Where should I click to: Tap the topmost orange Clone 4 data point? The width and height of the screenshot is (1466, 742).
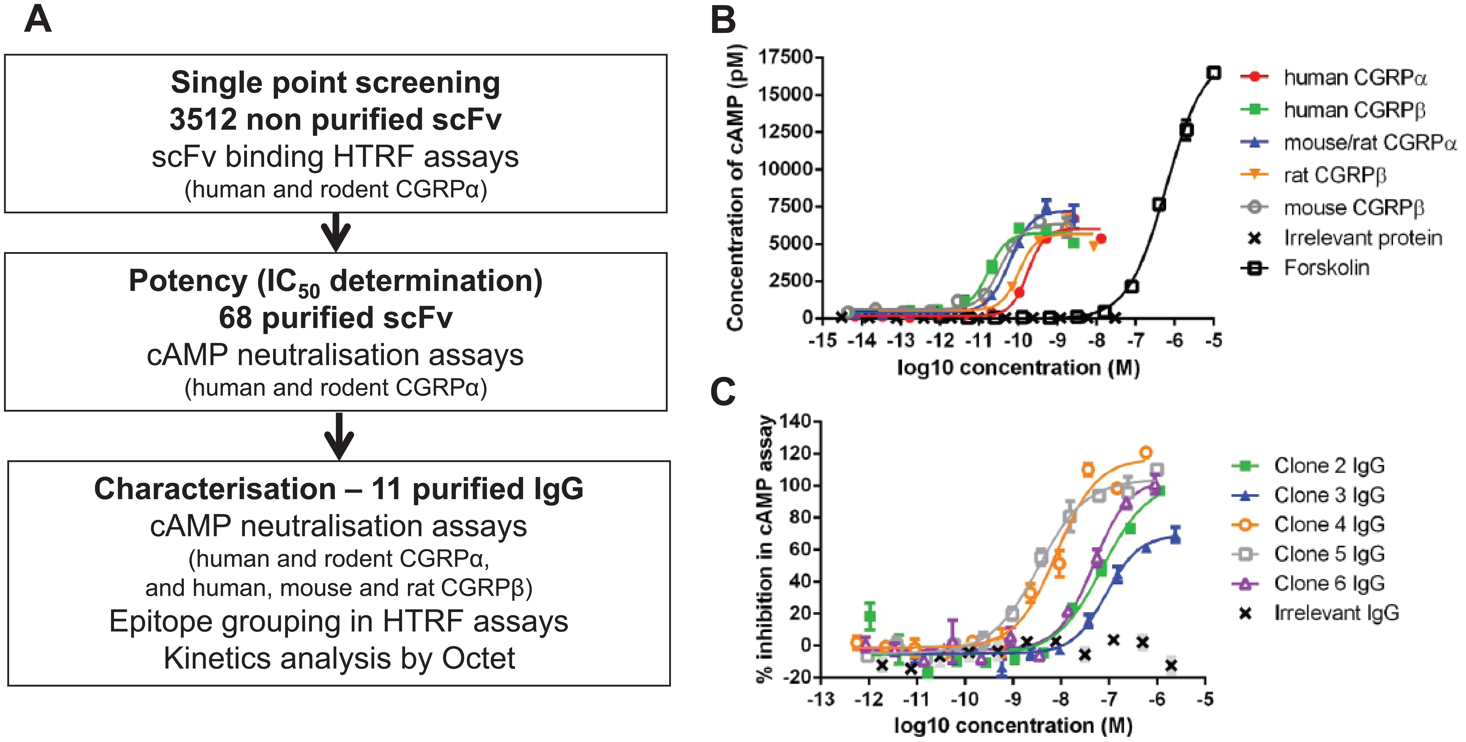point(1146,453)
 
